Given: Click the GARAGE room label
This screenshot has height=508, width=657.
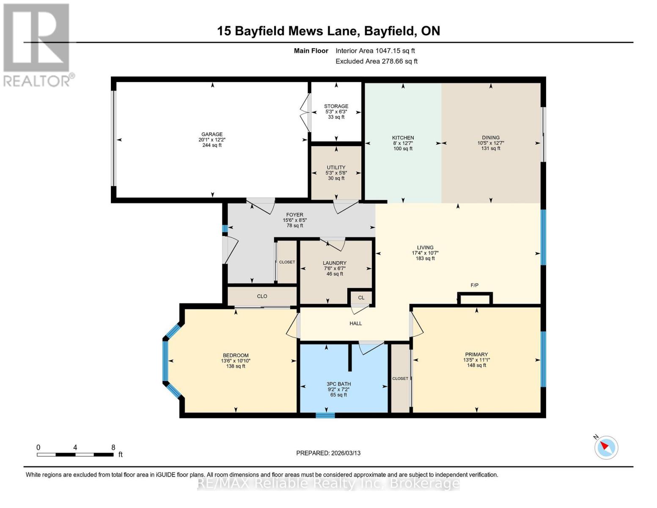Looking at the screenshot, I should coord(212,134).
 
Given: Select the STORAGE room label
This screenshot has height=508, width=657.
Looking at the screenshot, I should coord(336,106).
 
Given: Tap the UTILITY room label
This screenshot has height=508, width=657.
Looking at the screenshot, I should coord(336,167).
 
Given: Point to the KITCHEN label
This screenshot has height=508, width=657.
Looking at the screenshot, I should coord(403,138).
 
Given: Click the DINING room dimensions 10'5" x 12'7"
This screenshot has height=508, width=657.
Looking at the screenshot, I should coord(490,143).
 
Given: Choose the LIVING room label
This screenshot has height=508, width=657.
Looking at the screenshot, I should coord(425,248).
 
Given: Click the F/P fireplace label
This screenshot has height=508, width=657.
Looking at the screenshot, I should coord(474,285).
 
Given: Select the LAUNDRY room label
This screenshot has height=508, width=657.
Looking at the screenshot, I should coord(334,263).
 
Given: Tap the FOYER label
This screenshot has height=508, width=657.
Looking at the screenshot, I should coord(294,215).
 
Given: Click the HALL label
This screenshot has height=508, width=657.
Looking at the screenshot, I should coord(355,323).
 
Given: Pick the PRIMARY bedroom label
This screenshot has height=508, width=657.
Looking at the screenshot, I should coord(476,354).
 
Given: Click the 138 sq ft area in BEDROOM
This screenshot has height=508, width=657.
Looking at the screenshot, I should coord(236,366).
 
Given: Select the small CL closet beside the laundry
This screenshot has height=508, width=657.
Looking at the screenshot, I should coord(361,298).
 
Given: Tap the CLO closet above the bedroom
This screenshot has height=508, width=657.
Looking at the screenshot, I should coord(262,296).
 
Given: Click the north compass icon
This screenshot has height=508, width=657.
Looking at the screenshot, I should coord(606,447).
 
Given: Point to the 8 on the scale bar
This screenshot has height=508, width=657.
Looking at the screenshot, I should coord(113,447).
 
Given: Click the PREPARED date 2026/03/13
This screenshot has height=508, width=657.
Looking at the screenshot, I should coord(328,453).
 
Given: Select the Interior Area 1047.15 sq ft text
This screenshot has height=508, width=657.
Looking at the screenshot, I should coord(375,51).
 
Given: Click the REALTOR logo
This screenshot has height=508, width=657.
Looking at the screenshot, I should coord(37,44).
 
